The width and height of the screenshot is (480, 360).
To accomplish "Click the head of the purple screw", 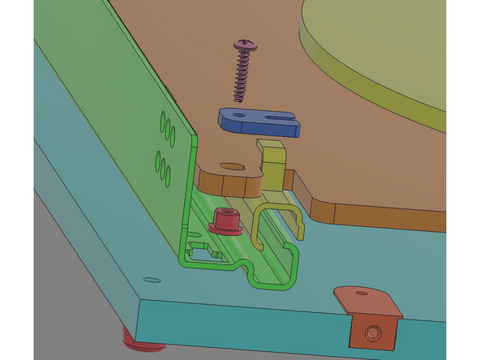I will tap(244, 43).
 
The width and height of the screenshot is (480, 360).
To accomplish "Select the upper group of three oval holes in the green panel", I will tap(165, 129).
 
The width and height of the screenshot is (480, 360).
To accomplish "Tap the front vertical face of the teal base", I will tap(243, 332).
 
